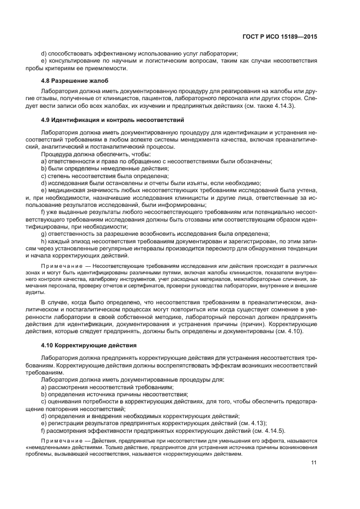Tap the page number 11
(x=314, y=463)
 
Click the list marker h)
(x=44, y=240)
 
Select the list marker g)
(x=44, y=233)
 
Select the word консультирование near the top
(x=74, y=60)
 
